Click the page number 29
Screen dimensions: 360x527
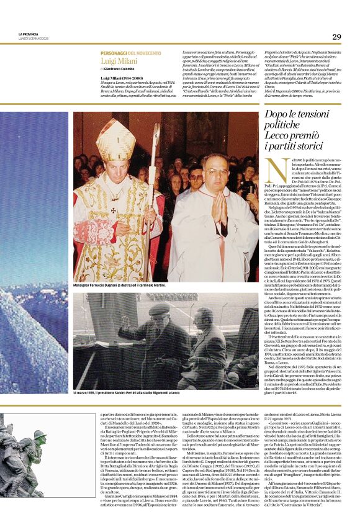coord(336,37)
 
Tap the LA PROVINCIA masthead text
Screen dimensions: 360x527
coord(28,34)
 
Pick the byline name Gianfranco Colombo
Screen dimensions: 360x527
coord(121,70)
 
